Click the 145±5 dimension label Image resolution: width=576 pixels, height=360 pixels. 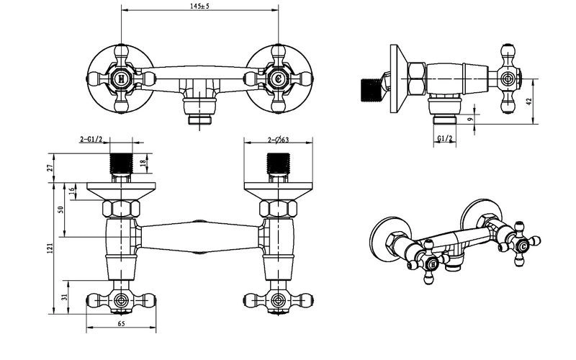tap(200, 6)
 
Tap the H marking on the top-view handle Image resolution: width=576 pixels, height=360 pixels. tap(120, 78)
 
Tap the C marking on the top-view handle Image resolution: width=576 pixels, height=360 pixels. tap(279, 78)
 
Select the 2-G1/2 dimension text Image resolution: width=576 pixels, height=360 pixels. tap(91, 139)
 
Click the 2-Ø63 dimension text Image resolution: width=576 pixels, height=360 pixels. tap(279, 140)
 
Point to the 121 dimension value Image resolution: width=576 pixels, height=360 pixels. tap(50, 248)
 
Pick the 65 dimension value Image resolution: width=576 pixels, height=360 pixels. tap(121, 323)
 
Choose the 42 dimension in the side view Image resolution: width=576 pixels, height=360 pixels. tap(529, 102)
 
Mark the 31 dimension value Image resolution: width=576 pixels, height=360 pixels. tap(65, 297)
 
